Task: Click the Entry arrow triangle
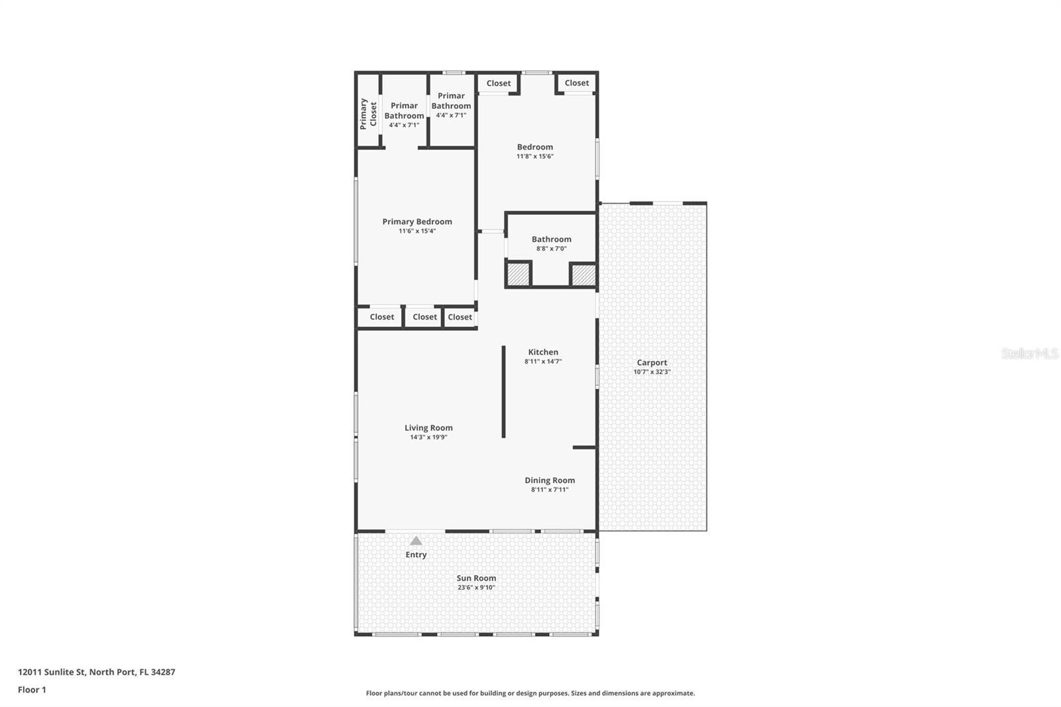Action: [x=416, y=541]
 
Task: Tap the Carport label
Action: [x=652, y=362]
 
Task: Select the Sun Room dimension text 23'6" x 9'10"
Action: [x=476, y=588]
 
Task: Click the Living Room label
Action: [x=428, y=428]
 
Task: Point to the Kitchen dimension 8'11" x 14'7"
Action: [x=543, y=361]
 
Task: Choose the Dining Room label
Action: [x=550, y=480]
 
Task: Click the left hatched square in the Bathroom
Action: [x=518, y=275]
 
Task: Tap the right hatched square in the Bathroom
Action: [x=584, y=275]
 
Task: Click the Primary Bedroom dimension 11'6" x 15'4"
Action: [x=417, y=231]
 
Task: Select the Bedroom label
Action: [x=535, y=147]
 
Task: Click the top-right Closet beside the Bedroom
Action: [x=576, y=83]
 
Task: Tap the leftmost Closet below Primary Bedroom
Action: [x=381, y=317]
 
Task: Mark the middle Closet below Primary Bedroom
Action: [x=424, y=317]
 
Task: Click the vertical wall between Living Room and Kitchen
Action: [x=503, y=391]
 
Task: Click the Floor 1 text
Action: [x=32, y=690]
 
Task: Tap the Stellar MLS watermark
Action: [x=1029, y=353]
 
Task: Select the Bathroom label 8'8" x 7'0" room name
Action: [x=551, y=239]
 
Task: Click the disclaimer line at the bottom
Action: [x=530, y=693]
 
